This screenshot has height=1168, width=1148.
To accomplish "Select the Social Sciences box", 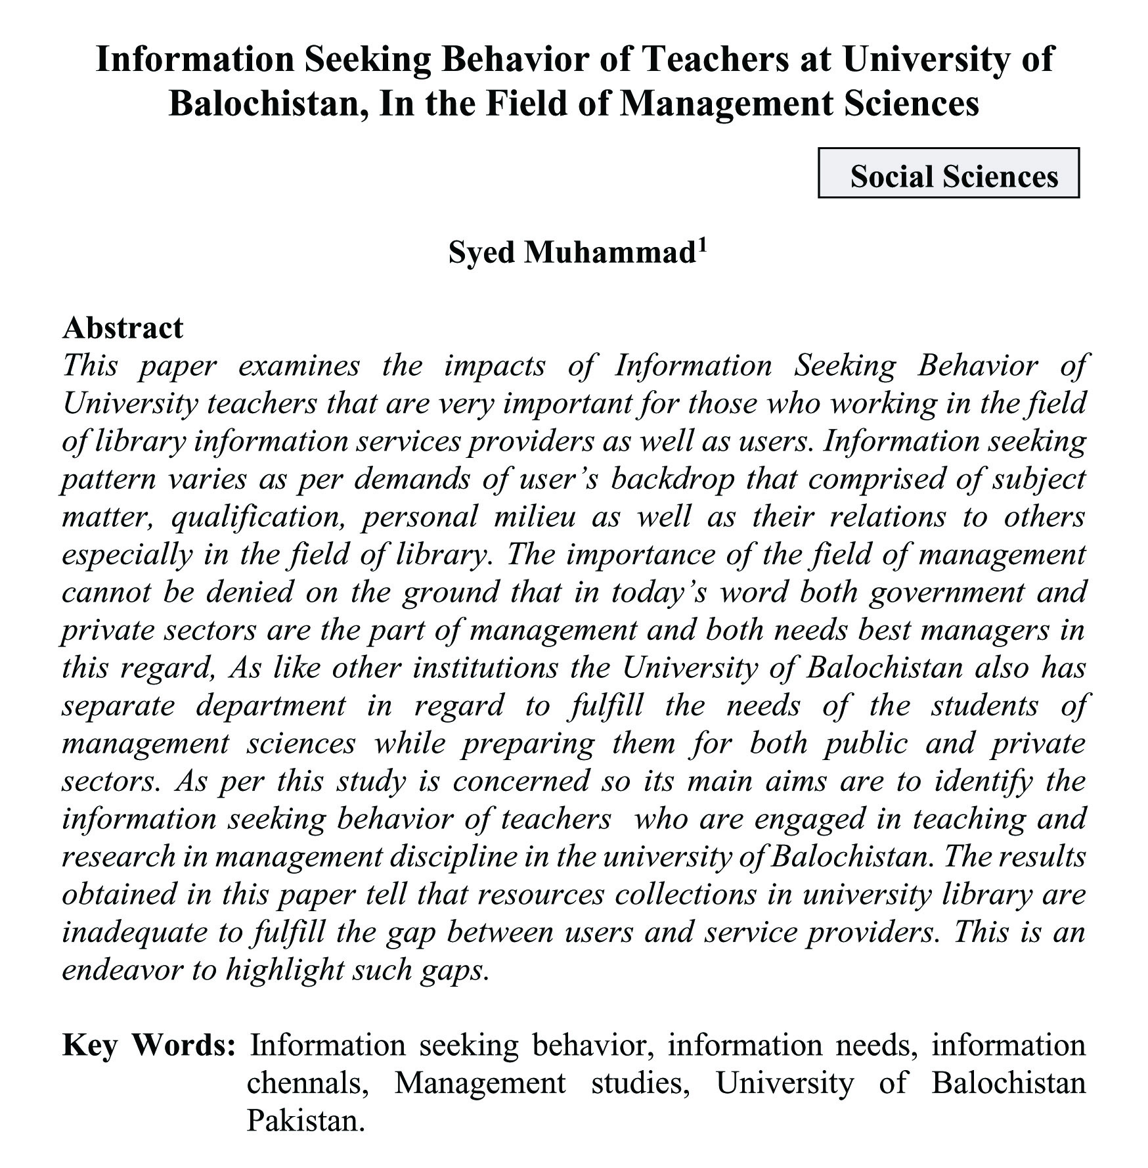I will coord(948,173).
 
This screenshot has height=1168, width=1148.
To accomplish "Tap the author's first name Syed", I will coord(482,253).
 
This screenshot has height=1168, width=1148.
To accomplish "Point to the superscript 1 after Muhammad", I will coord(701,246).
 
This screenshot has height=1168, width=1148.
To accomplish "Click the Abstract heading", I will coord(123,328).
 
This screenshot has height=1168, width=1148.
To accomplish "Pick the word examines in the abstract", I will coord(299,366).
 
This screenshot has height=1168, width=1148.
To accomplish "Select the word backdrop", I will coord(672,480).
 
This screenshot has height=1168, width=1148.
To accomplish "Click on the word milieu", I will coord(534,517).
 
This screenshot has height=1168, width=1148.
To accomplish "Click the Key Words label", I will coord(148,1045).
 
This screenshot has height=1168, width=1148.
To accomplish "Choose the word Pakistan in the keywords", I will coord(305,1121).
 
